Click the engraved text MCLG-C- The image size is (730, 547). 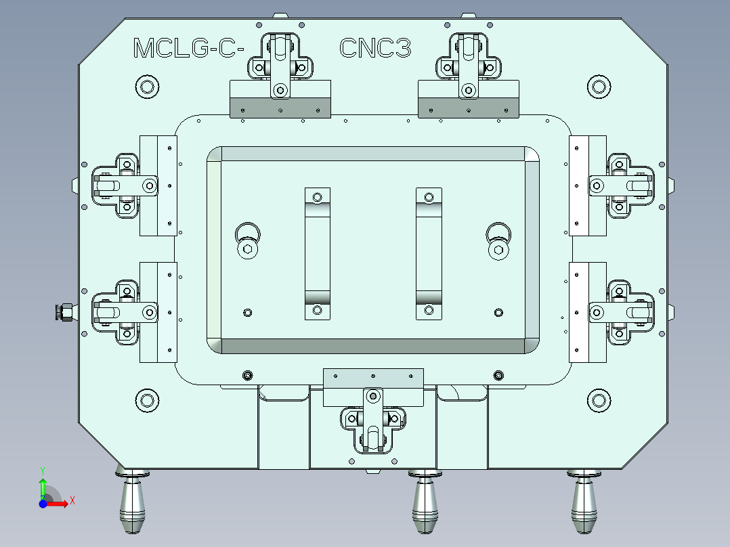tap(188, 49)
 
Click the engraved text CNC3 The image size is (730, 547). tap(375, 49)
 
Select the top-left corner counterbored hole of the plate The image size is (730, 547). tap(146, 87)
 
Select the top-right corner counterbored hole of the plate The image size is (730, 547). tap(597, 86)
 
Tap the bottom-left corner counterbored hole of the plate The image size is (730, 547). tap(146, 399)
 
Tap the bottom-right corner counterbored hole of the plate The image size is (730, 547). tap(597, 399)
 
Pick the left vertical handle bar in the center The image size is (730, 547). tap(317, 254)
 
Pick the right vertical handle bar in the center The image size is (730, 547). tap(428, 254)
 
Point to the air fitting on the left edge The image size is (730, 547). tap(66, 313)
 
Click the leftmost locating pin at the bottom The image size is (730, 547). tap(133, 504)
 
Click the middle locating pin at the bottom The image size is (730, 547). tap(425, 504)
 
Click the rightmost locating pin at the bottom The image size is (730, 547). tap(584, 504)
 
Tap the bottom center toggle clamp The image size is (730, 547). tap(372, 420)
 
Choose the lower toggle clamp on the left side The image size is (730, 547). tap(124, 312)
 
